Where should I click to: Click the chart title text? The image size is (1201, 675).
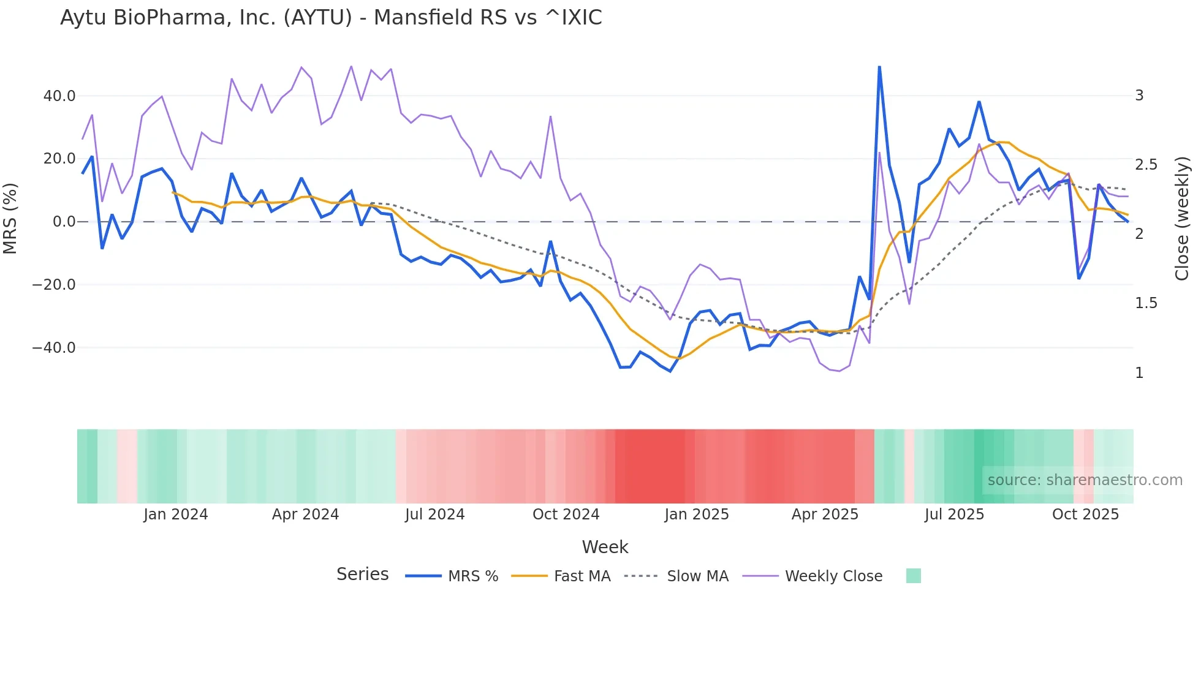(x=331, y=18)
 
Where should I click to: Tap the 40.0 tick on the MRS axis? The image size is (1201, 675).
(x=59, y=96)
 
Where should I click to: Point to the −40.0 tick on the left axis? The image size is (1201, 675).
(x=54, y=348)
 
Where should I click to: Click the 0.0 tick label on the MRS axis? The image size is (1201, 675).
(x=64, y=222)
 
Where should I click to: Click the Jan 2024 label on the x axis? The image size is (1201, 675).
(x=176, y=515)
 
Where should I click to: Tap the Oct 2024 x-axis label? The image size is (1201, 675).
(x=566, y=515)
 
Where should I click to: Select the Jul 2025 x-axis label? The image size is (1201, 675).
(x=954, y=515)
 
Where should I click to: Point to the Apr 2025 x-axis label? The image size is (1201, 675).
(x=825, y=515)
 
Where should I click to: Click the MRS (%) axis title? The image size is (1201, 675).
(x=10, y=219)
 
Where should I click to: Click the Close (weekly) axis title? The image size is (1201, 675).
(x=1182, y=219)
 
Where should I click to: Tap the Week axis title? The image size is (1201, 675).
(x=605, y=547)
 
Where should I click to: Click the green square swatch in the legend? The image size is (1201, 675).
(x=913, y=576)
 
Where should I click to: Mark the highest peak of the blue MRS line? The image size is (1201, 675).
(x=879, y=67)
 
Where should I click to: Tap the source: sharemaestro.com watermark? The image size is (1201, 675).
(x=1085, y=480)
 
